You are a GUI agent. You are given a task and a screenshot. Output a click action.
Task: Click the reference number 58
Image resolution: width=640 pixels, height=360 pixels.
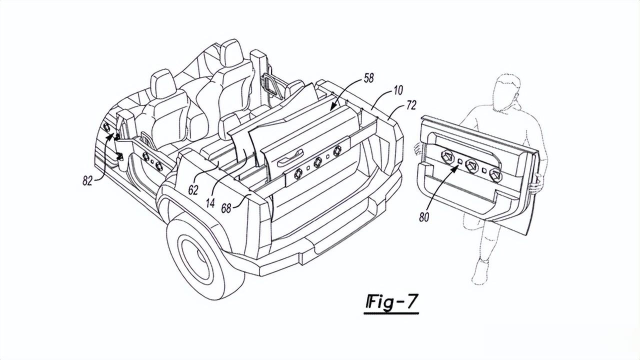368,77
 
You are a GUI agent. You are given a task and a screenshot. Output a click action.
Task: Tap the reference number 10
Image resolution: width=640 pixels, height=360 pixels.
397,90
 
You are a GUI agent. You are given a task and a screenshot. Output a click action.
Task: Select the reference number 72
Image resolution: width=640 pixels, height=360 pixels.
411,105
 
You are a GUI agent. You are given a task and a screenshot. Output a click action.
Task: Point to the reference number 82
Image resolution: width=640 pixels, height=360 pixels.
87,180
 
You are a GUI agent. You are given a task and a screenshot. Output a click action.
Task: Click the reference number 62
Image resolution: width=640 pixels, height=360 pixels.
193,190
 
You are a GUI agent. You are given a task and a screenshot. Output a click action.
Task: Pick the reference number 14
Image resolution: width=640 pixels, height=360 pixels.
210,203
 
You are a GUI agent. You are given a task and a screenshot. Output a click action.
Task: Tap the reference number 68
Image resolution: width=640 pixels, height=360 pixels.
226,208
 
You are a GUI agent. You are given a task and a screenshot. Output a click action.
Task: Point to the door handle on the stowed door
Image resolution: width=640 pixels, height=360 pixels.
289,157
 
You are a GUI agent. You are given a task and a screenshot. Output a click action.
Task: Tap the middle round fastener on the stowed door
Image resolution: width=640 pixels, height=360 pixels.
317,162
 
